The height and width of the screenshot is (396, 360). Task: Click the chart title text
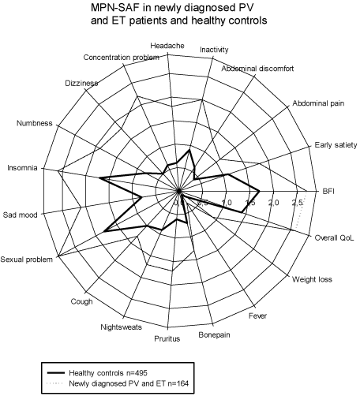click(179, 14)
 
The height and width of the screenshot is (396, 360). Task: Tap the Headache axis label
click(167, 46)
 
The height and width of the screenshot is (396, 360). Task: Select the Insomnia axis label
click(22, 168)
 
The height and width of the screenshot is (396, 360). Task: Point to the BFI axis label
click(328, 191)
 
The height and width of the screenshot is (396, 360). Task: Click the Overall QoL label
click(334, 237)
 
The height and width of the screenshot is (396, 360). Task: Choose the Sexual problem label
click(27, 260)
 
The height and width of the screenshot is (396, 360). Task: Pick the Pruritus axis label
click(167, 338)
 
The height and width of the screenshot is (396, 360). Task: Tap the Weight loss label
click(312, 279)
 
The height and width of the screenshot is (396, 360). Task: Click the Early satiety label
click(336, 145)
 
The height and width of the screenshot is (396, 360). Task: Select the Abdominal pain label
click(318, 103)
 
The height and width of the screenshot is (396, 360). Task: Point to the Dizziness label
click(81, 83)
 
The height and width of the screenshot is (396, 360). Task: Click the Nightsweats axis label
click(122, 327)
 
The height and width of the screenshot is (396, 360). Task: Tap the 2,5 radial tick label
click(298, 203)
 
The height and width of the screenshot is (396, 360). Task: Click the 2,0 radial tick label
click(274, 203)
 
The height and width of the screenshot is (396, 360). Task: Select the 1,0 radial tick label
click(227, 203)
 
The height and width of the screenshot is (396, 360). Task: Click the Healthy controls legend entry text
click(108, 373)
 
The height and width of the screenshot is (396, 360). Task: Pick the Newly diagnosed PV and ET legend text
click(129, 383)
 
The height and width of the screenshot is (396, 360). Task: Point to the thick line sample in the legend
click(55, 373)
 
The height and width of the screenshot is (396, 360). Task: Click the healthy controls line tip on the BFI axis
click(260, 191)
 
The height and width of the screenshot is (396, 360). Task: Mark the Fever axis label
click(258, 316)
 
